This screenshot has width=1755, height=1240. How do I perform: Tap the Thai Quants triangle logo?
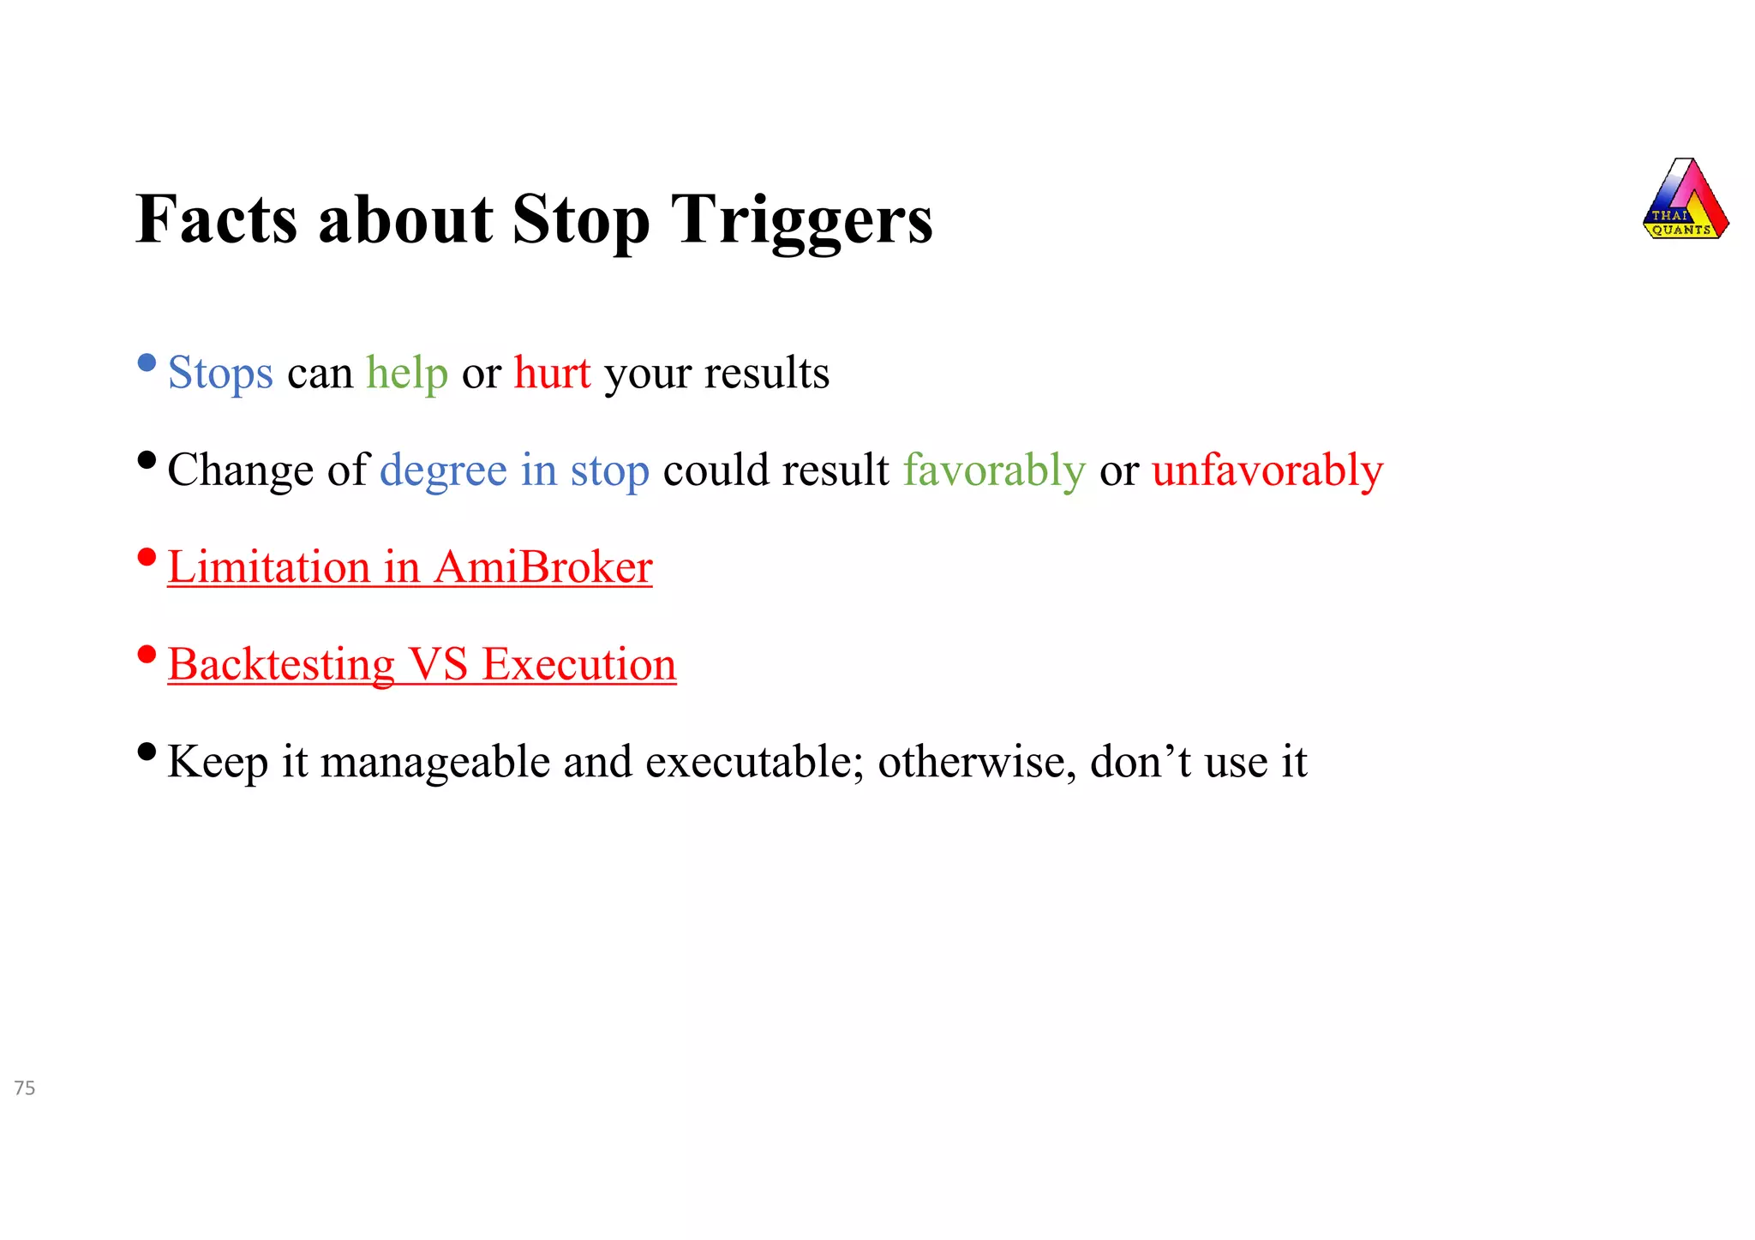[1685, 201]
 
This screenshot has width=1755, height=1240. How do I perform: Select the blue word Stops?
[220, 374]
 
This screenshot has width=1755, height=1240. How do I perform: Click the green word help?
[407, 374]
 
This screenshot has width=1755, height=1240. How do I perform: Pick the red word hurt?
[552, 374]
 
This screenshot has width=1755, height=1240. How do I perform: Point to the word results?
[766, 374]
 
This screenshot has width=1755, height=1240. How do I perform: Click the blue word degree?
[443, 471]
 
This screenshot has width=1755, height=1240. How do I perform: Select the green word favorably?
[994, 471]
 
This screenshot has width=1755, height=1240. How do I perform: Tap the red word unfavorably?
[1267, 471]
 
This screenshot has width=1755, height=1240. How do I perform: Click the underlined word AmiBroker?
[543, 567]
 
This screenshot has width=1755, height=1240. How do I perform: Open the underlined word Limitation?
[268, 567]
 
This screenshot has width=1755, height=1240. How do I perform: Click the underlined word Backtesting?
[281, 665]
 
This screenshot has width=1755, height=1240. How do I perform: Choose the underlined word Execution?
[578, 665]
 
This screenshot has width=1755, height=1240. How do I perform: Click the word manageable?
[434, 762]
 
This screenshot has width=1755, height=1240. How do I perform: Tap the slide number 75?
[25, 1088]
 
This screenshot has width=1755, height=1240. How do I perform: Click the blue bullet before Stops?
[147, 363]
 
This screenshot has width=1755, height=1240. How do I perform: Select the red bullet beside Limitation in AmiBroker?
[147, 558]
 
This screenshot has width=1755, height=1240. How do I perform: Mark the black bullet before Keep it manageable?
[147, 752]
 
